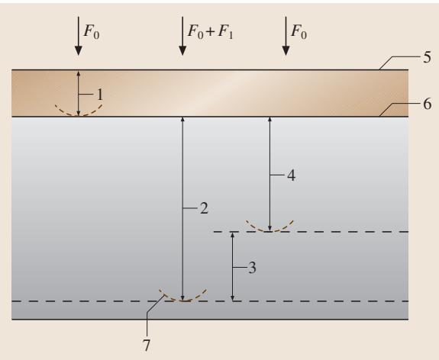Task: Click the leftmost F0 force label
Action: coord(92,31)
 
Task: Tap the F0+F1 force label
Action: coord(210,31)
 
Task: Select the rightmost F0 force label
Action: coord(299,31)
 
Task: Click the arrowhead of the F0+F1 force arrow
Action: coord(182,51)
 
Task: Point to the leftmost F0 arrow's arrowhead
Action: coord(79,51)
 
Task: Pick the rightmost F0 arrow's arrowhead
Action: coord(286,51)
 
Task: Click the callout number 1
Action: coord(100,95)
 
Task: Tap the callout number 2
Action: coord(204,208)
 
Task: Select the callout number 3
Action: coord(252,268)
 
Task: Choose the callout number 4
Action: coord(291,175)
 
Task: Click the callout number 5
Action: coord(427,57)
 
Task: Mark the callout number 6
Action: coord(428,104)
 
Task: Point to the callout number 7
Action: coord(147,346)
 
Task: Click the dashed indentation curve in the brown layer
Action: coord(79,114)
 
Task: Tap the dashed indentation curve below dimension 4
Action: coord(270,231)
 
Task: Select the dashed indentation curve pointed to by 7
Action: coord(182,301)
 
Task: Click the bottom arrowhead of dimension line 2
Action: coord(182,298)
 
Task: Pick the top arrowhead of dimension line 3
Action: coord(232,235)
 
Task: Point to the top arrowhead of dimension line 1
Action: coord(79,73)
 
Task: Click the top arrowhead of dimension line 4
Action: coord(270,121)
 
